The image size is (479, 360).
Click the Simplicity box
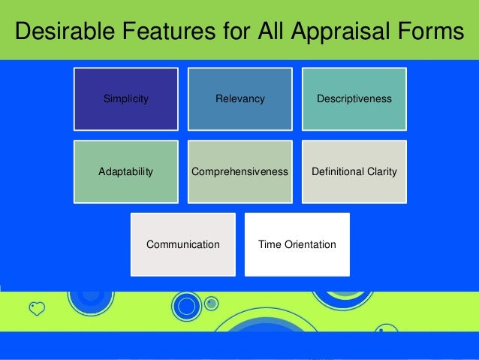[125, 98]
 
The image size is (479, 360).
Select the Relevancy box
[239, 98]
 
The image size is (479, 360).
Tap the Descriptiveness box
[354, 98]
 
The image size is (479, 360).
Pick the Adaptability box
[125, 171]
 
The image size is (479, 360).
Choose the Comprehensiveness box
[239, 171]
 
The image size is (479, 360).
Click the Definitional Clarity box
[354, 171]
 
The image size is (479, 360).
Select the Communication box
[182, 244]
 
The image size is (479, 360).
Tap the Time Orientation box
[297, 244]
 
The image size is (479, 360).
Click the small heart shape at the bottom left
[37, 308]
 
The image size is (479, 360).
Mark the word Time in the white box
[269, 244]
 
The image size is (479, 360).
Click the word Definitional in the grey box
[336, 171]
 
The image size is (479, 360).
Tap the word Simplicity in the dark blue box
[125, 98]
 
